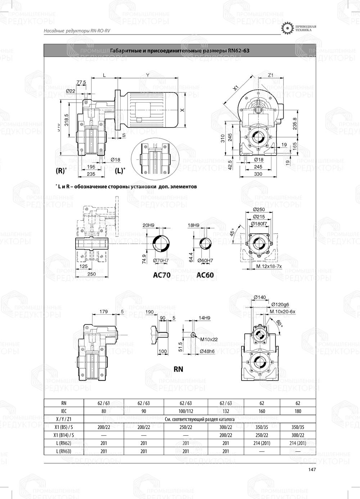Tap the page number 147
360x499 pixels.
(312, 469)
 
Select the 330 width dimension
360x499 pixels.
(258, 174)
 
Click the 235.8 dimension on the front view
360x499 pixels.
(294, 124)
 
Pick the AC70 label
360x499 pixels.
(162, 276)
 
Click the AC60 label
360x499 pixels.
(205, 276)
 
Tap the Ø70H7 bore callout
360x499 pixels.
(161, 261)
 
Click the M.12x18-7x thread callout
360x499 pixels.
(269, 266)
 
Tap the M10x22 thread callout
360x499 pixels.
(207, 339)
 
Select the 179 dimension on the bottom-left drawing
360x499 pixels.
(103, 312)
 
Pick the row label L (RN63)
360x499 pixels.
(64, 451)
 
